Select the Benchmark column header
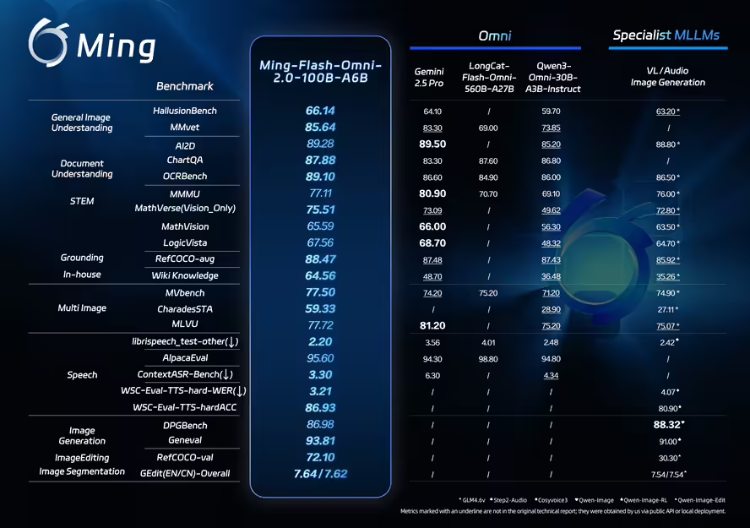(x=184, y=86)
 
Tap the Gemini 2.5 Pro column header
(x=429, y=78)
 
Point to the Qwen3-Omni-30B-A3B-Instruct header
(x=554, y=77)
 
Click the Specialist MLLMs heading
(x=666, y=35)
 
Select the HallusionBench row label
(x=185, y=111)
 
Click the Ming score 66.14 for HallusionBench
(x=320, y=111)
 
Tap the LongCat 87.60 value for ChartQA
(x=488, y=161)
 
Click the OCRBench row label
(x=185, y=177)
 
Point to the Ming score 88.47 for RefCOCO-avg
(x=320, y=259)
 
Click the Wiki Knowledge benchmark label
(x=185, y=275)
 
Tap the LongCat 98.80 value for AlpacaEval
(x=488, y=358)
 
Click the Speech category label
(x=82, y=374)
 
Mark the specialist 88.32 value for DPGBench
(x=667, y=424)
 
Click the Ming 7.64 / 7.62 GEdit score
(x=320, y=473)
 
